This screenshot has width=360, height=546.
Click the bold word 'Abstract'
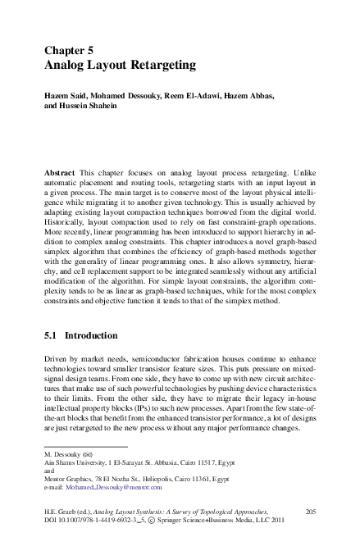click(60, 175)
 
